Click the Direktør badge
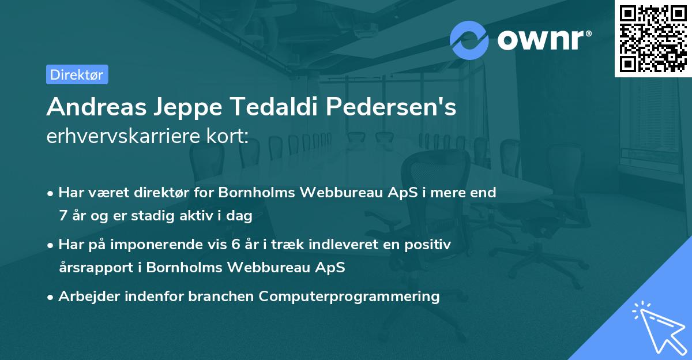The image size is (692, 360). pos(77,74)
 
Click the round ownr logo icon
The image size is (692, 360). pos(469,40)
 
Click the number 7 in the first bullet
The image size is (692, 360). pos(62,216)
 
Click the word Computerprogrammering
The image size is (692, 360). pos(349,297)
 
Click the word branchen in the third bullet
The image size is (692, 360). pos(223,297)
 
